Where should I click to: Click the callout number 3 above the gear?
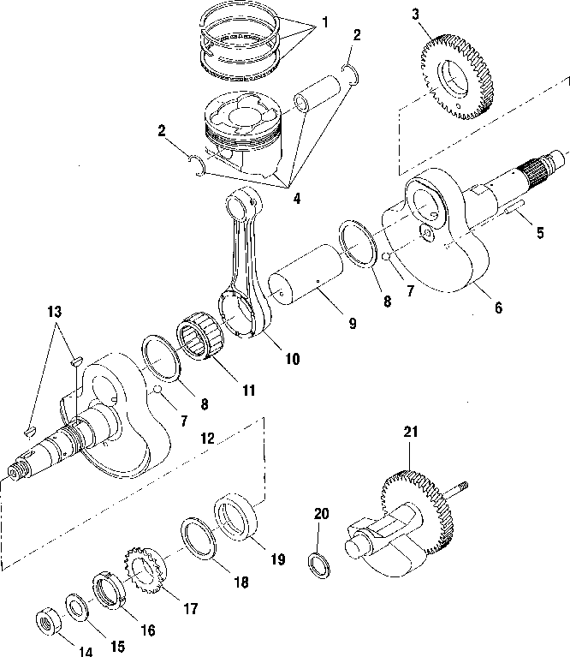[x=415, y=15]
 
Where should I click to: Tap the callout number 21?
[x=411, y=431]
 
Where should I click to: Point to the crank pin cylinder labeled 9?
[x=306, y=276]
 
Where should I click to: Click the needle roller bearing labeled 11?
[x=200, y=336]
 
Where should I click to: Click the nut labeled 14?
[x=50, y=621]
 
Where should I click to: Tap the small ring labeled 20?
[x=319, y=565]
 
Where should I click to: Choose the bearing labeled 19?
[x=235, y=517]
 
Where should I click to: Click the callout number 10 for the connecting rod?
[x=293, y=359]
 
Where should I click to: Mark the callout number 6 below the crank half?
[x=498, y=308]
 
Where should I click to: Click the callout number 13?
[x=55, y=312]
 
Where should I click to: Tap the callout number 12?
[x=208, y=439]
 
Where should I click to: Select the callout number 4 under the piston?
[x=297, y=198]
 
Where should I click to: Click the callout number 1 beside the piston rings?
[x=324, y=22]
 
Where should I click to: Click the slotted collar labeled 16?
[x=109, y=590]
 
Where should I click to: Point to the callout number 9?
[x=353, y=324]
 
